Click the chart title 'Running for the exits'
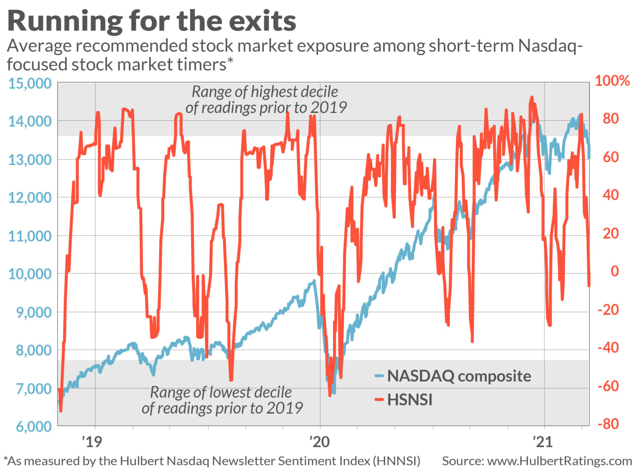pyautogui.click(x=152, y=22)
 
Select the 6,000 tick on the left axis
pyautogui.click(x=29, y=426)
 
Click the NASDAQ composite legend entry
pyautogui.click(x=459, y=376)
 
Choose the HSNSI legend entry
pyautogui.click(x=410, y=399)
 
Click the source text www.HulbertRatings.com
pyautogui.click(x=536, y=461)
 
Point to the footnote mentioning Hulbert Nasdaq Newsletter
pyautogui.click(x=212, y=461)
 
